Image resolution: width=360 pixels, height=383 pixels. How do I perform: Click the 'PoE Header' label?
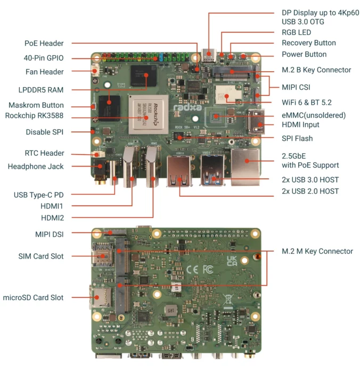pyautogui.click(x=44, y=43)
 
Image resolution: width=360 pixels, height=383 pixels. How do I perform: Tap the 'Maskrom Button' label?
pyautogui.click(x=36, y=105)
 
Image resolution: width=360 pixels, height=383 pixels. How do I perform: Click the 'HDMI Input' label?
pyautogui.click(x=300, y=124)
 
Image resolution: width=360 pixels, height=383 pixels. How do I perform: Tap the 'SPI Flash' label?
pyautogui.click(x=297, y=138)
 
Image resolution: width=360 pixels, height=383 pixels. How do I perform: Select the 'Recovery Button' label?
pyautogui.click(x=308, y=43)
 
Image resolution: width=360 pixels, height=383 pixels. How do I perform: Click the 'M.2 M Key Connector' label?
pyautogui.click(x=317, y=251)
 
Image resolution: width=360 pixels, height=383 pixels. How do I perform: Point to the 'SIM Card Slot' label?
pyautogui.click(x=41, y=256)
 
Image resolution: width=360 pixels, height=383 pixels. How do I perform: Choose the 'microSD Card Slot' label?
pyautogui.click(x=34, y=297)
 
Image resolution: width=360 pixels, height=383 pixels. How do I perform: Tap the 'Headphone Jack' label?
pyautogui.click(x=36, y=166)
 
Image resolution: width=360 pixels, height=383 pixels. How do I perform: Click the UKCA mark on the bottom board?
pyautogui.click(x=232, y=261)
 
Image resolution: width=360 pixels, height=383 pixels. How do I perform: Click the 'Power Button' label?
pyautogui.click(x=304, y=54)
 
